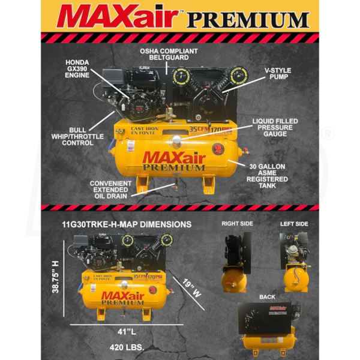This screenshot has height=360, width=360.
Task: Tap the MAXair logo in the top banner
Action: coord(119,17)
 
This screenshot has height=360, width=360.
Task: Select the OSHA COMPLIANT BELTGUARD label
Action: coord(169,55)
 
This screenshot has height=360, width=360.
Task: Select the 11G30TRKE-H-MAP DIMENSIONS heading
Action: coord(127,224)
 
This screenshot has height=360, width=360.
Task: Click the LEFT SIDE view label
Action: coord(294,224)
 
